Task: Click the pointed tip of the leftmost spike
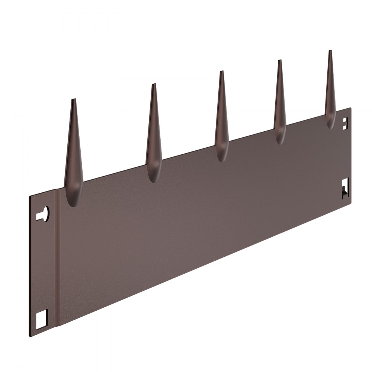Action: pyautogui.click(x=73, y=100)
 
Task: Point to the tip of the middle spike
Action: pyautogui.click(x=221, y=72)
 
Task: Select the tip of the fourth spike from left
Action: pyautogui.click(x=279, y=61)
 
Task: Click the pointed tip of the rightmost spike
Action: pyautogui.click(x=330, y=51)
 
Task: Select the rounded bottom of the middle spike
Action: pyautogui.click(x=222, y=157)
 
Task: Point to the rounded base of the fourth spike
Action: pyautogui.click(x=280, y=140)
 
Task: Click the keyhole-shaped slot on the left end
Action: pyautogui.click(x=44, y=214)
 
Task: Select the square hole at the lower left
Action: pyautogui.click(x=42, y=317)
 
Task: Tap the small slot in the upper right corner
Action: pyautogui.click(x=345, y=123)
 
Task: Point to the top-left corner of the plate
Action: pyautogui.click(x=30, y=196)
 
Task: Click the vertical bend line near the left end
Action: pyautogui.click(x=57, y=260)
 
